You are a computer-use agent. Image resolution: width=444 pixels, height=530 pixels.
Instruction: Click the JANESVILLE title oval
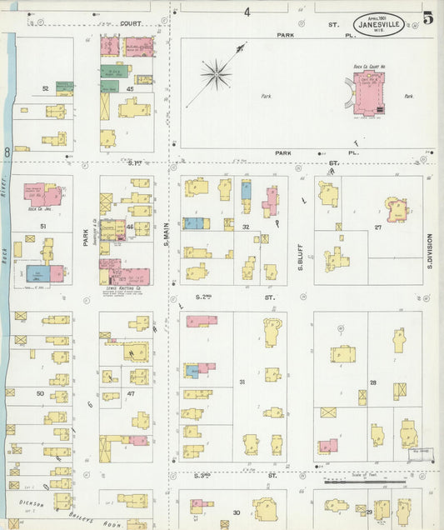[380, 25]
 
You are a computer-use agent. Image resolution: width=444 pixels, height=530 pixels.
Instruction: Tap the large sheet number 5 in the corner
[427, 18]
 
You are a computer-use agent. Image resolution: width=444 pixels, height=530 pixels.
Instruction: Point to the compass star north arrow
[216, 75]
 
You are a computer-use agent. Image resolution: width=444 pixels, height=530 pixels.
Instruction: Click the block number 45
[130, 88]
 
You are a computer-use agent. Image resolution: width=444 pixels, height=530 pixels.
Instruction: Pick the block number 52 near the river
[46, 87]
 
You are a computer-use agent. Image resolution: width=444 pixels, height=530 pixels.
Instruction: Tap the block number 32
[246, 227]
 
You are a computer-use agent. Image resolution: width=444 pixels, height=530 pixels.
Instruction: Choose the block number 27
[377, 227]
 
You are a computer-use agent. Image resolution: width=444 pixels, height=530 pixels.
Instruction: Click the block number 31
[242, 382]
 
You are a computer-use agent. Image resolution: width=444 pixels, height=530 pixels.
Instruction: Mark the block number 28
[373, 382]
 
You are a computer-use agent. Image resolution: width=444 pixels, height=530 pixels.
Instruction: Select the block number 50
[40, 392]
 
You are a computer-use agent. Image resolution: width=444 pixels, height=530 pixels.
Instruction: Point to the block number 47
[131, 392]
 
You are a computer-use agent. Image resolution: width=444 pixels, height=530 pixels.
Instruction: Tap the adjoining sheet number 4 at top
[247, 12]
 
